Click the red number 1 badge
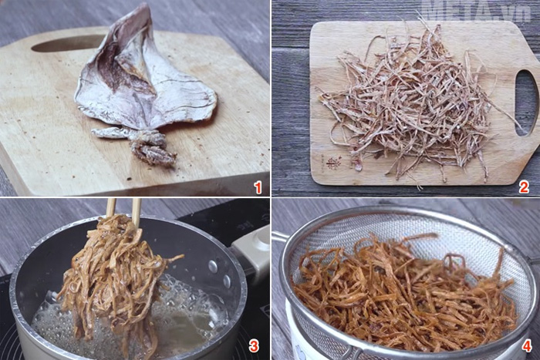pyautogui.click(x=258, y=187)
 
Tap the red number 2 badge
pyautogui.click(x=524, y=187)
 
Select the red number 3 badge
pyautogui.click(x=253, y=346)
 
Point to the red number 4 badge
pyautogui.click(x=525, y=346)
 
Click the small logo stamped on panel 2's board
pyautogui.click(x=332, y=163)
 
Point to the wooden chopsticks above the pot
pyautogui.click(x=123, y=207)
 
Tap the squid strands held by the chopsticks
pyautogui.click(x=116, y=278)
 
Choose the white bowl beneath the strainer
pyautogui.click(x=297, y=343)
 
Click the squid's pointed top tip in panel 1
pyautogui.click(x=145, y=7)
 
